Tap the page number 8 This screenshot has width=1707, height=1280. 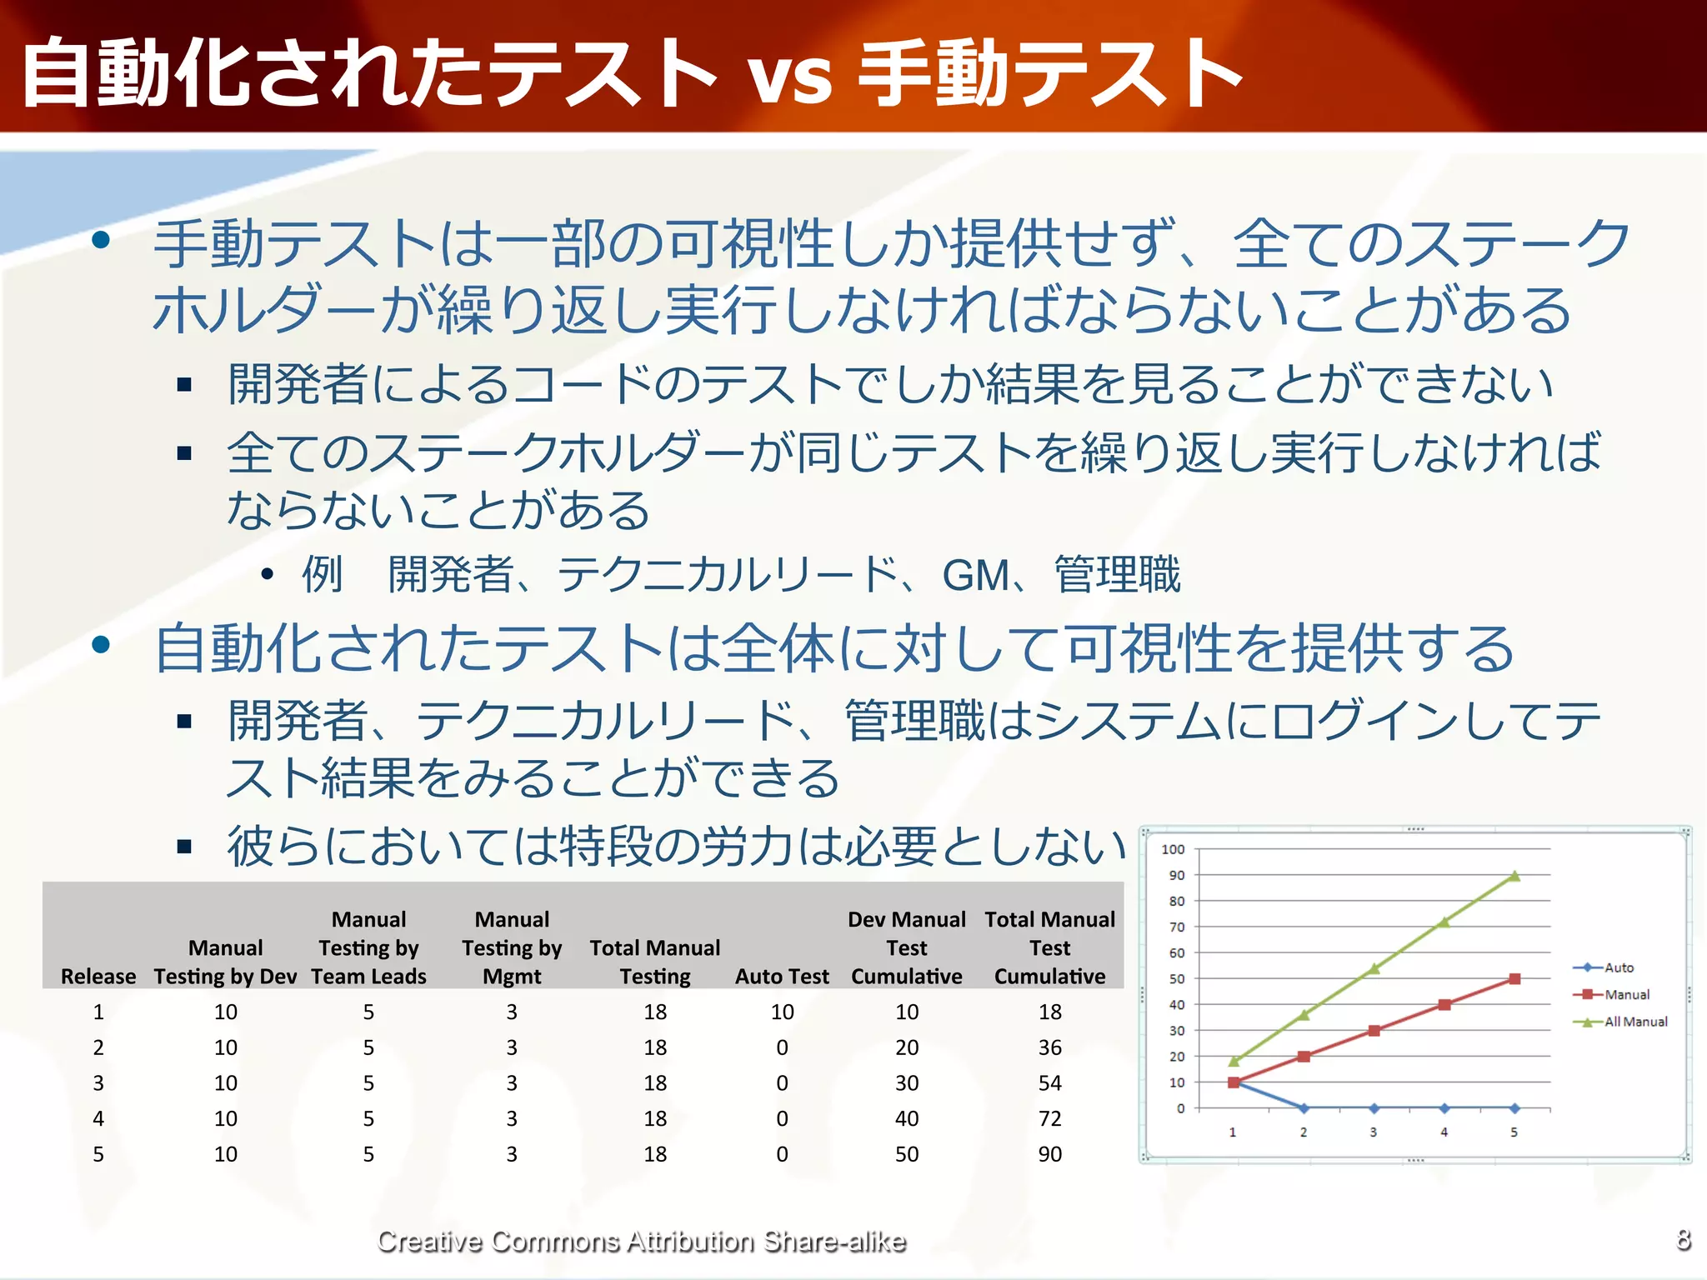point(1683,1239)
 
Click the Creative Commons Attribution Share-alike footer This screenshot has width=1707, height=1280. point(641,1241)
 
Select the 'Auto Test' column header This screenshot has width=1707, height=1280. point(781,976)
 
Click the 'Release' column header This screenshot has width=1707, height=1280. point(98,976)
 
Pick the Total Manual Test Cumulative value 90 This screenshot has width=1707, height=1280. point(1049,1154)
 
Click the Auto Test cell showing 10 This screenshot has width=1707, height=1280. point(781,1012)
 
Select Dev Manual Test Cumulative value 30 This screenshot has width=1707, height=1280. point(906,1083)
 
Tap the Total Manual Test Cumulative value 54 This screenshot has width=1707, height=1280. point(1049,1083)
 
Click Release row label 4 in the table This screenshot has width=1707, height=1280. point(98,1118)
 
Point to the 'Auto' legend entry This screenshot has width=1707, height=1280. point(1618,967)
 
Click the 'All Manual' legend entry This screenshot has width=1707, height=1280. point(1634,1022)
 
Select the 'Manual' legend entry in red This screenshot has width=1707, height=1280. point(1625,994)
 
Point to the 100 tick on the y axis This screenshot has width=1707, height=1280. point(1173,849)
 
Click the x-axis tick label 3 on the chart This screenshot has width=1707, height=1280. point(1373,1132)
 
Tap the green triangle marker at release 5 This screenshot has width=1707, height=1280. point(1514,876)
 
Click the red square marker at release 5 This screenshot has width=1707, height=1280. point(1514,979)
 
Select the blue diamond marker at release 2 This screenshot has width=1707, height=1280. point(1304,1108)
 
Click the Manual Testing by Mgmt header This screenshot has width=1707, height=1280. point(511,947)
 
